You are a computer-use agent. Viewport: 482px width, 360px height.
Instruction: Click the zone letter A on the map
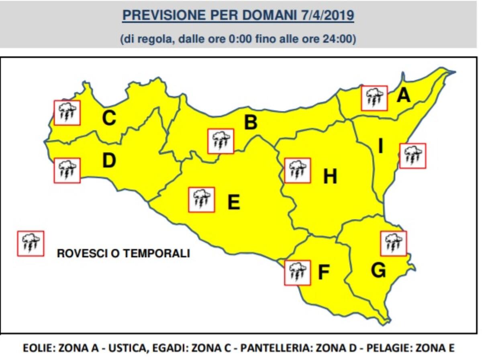coord(403,96)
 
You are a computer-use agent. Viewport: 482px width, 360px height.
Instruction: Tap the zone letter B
coord(251,122)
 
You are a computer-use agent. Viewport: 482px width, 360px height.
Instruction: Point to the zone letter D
coord(109,161)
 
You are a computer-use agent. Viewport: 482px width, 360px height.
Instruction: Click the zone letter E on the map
coord(234,202)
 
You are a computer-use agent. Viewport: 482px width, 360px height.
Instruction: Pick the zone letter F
coord(324,273)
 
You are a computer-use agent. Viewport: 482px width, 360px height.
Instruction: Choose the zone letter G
coord(378,271)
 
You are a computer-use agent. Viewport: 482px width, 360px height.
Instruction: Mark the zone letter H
coord(330,177)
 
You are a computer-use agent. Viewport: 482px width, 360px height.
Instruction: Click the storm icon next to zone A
coord(374,98)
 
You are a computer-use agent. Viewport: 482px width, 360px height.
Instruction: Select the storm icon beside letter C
coord(67,112)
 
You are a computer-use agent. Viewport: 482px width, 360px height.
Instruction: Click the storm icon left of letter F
coord(297,273)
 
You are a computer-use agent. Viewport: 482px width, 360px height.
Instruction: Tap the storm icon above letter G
coord(393,243)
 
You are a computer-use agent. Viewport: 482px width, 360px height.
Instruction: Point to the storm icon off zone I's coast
coord(413,156)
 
